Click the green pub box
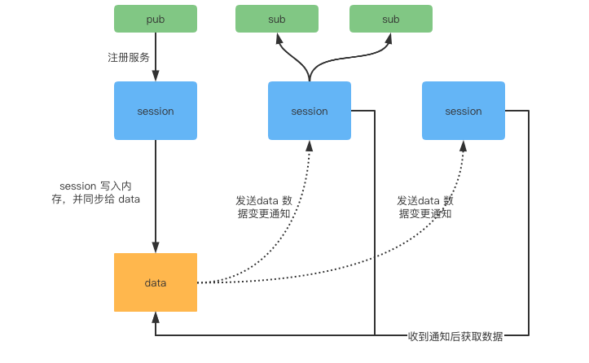155,19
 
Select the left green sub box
277,19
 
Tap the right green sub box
391,19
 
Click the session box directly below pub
155,111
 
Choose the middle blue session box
310,111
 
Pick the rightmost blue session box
464,111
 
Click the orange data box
155,282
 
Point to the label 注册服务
129,58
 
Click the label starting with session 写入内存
95,193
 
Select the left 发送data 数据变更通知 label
264,207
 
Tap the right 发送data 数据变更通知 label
425,207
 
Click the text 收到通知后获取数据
455,336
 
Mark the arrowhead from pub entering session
155,77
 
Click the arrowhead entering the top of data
155,248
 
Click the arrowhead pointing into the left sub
278,37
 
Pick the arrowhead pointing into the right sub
390,37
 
